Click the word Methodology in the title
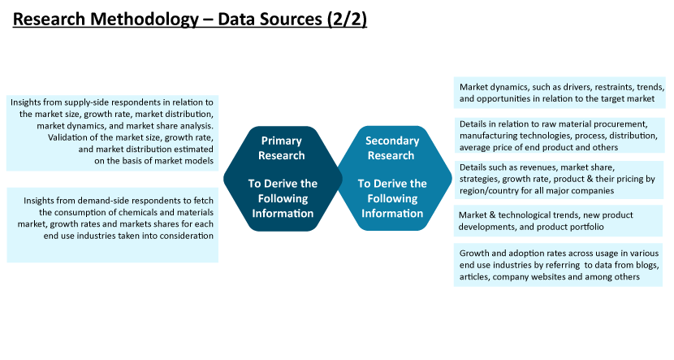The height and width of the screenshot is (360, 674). (x=145, y=20)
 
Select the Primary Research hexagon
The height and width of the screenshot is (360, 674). (x=283, y=179)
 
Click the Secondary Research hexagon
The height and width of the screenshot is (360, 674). (x=394, y=179)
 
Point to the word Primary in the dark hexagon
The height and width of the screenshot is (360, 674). (x=282, y=141)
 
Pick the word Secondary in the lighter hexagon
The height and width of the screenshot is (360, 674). (x=392, y=141)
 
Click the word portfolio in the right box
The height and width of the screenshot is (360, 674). (x=587, y=227)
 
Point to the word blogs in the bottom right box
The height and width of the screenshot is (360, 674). (x=646, y=266)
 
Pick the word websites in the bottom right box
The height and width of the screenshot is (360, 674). (x=547, y=277)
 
